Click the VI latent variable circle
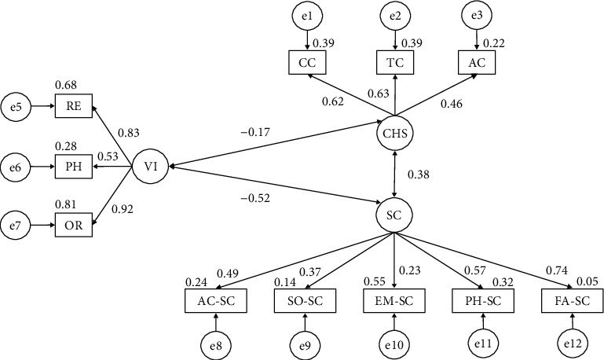pos(150,167)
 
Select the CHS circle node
pos(395,134)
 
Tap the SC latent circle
pos(394,215)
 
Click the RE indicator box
pos(74,105)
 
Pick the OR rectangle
pos(74,225)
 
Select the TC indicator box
pos(395,62)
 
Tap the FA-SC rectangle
pos(572,300)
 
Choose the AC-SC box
pos(216,300)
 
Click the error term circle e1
pos(307,16)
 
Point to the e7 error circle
pos(16,226)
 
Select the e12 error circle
pos(573,343)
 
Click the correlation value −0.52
pos(255,198)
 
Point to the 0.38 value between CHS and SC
pos(419,174)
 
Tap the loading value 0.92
pos(122,209)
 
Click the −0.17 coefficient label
pos(255,133)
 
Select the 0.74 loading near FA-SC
pos(557,270)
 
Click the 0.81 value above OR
pos(65,204)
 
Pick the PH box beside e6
pos(74,167)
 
